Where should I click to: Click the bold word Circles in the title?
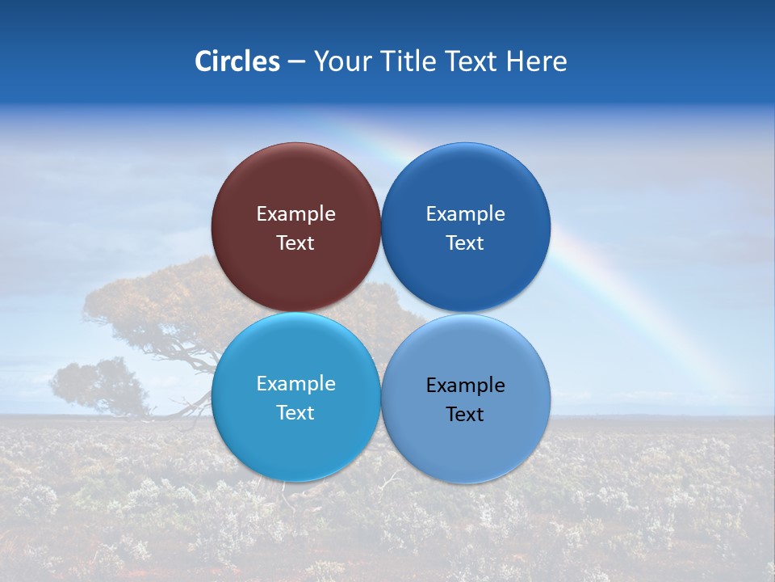(x=237, y=61)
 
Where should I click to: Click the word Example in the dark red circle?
(x=295, y=214)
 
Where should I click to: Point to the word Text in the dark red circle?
(x=295, y=243)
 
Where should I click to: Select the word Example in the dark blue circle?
(x=465, y=214)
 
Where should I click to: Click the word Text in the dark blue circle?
(x=465, y=243)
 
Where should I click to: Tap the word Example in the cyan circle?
(x=295, y=384)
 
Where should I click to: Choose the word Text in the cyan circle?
(x=295, y=413)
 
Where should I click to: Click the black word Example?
(x=465, y=386)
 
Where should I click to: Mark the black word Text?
(x=465, y=415)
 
